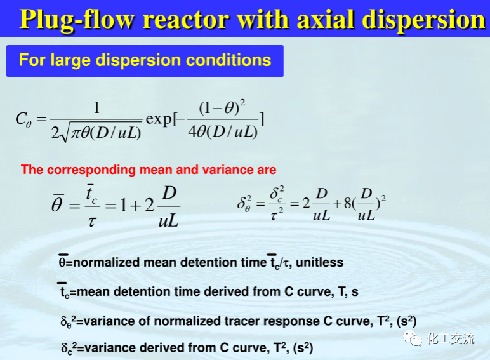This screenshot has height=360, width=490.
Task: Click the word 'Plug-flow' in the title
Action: tap(77, 20)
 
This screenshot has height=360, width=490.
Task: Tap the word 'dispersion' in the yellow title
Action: tap(423, 20)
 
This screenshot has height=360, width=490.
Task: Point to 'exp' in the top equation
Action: tap(159, 119)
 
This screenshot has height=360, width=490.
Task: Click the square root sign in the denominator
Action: tap(64, 132)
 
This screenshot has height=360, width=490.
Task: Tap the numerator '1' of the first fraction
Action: tap(96, 108)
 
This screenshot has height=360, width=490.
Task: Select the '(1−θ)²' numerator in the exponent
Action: tap(222, 107)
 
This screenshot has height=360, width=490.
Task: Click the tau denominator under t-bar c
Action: tap(91, 221)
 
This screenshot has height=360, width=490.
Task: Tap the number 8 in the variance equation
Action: tap(348, 203)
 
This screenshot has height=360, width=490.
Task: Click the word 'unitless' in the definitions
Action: tap(319, 262)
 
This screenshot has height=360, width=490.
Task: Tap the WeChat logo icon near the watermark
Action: tap(412, 339)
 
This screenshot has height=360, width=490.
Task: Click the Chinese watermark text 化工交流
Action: tap(450, 339)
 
